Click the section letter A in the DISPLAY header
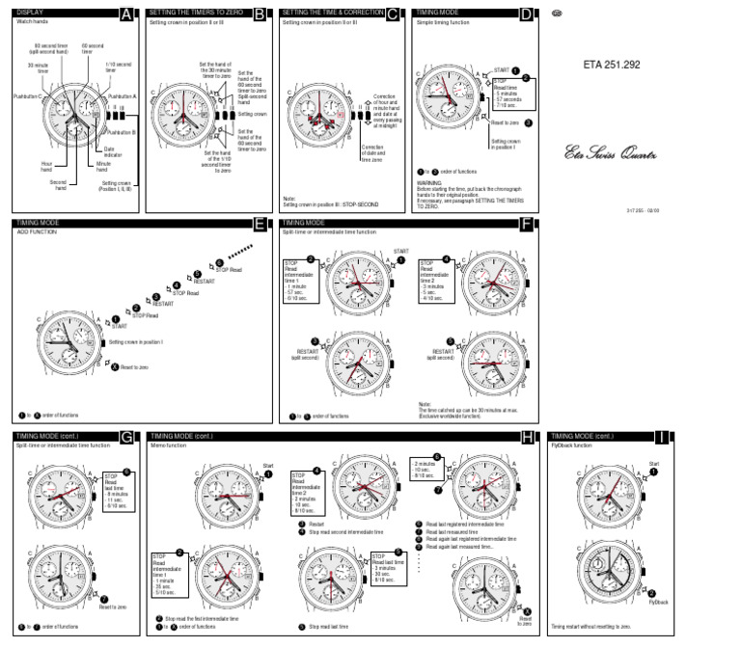(127, 13)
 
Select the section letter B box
(260, 13)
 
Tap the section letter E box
(260, 224)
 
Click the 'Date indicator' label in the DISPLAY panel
(116, 152)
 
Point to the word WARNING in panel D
(430, 180)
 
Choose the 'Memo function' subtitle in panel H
(170, 445)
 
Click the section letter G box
(127, 437)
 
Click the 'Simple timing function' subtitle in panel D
(440, 21)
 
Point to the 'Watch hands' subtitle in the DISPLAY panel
(34, 21)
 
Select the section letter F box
(526, 224)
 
